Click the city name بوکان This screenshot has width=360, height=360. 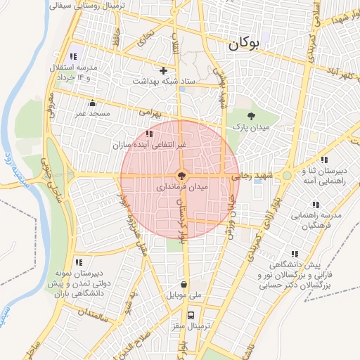[244, 44]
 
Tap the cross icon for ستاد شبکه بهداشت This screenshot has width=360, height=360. [164, 70]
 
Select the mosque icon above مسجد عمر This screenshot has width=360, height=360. [92, 103]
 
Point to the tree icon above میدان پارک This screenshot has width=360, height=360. [252, 115]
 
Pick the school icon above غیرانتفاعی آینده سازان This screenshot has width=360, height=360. [148, 134]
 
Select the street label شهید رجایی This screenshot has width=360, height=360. [252, 176]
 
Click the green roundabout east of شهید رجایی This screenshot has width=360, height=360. [287, 176]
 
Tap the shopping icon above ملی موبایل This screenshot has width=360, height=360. [184, 285]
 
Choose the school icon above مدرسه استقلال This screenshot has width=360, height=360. [72, 56]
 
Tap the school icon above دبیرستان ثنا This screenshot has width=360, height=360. [323, 160]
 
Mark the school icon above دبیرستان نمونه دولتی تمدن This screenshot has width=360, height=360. [78, 262]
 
